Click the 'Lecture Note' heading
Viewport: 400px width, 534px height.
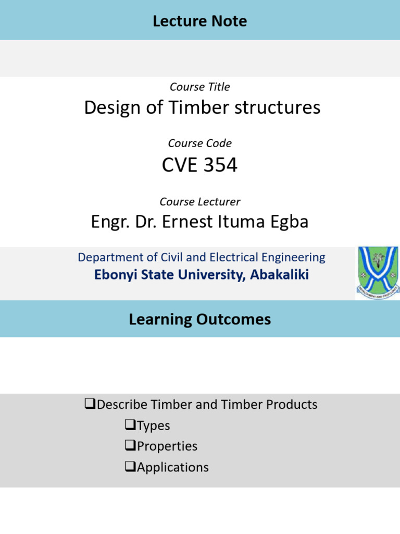tap(200, 21)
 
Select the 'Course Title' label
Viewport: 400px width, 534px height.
tap(200, 87)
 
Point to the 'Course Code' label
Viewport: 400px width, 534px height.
tap(200, 143)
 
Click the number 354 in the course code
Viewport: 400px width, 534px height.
tap(220, 165)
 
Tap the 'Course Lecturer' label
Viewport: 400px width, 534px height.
tap(200, 201)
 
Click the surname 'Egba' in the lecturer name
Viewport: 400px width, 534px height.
tap(288, 222)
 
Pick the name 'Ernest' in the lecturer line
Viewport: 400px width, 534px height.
tap(186, 222)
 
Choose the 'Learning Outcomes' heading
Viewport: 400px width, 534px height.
tap(200, 319)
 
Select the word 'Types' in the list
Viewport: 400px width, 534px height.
tap(153, 426)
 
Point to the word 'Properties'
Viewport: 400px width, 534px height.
tap(167, 446)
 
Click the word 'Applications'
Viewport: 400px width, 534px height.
tap(172, 467)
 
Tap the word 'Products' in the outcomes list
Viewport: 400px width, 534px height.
tap(292, 404)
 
